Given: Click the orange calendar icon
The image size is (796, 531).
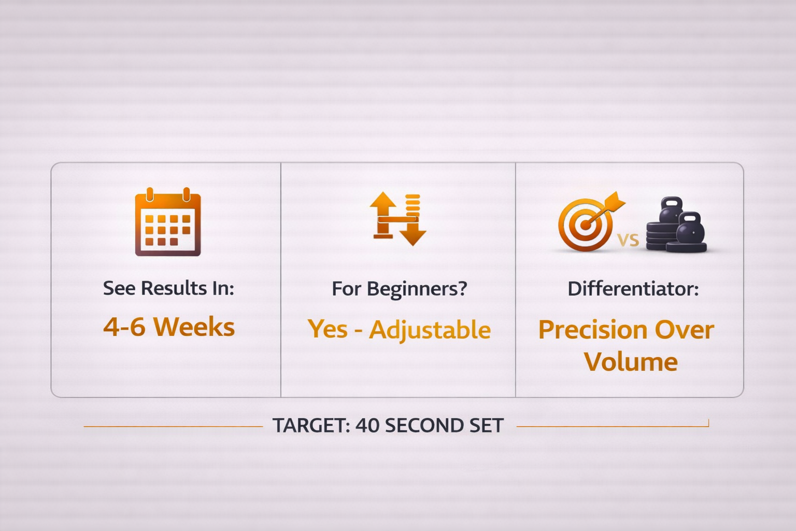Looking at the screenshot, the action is (x=168, y=221).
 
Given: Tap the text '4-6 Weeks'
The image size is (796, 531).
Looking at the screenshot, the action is (x=169, y=327).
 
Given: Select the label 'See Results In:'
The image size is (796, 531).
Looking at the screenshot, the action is (x=168, y=288).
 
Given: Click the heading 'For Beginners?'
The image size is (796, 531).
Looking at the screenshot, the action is (x=399, y=289).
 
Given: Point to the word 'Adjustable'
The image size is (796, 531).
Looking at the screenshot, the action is (x=430, y=330).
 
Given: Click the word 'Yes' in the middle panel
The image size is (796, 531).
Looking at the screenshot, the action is (x=328, y=329).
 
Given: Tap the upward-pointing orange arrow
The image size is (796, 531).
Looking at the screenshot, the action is (x=383, y=215).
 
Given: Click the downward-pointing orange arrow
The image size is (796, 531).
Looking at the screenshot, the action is (x=413, y=231).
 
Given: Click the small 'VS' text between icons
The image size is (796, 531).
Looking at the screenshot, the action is (x=628, y=241).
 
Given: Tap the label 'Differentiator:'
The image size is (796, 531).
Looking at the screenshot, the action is (x=633, y=288).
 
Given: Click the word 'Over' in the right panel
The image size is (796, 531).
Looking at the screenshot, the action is (x=685, y=330).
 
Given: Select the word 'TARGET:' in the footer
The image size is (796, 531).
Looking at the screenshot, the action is (x=311, y=425).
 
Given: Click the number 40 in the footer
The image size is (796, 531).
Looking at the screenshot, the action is (x=367, y=425).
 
